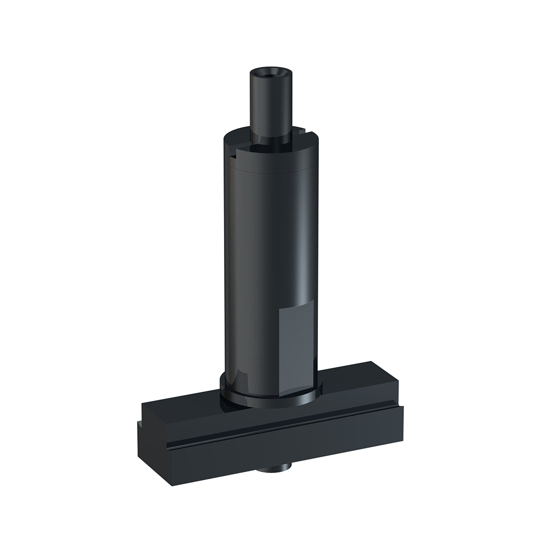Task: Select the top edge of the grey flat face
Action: (x=296, y=303)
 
